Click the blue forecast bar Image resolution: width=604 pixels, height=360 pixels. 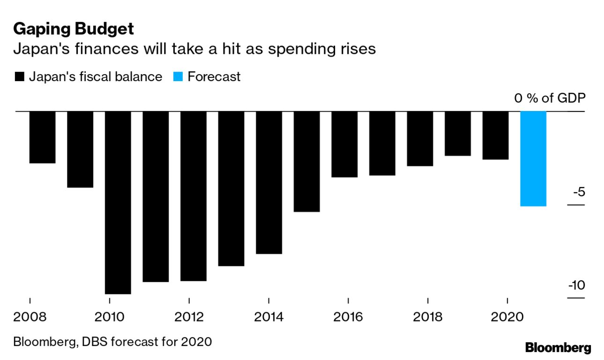click(x=533, y=158)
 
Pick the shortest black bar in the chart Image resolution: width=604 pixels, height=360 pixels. click(x=457, y=134)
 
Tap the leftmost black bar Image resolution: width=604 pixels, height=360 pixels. click(x=43, y=137)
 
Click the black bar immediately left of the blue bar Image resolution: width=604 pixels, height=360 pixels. click(x=495, y=135)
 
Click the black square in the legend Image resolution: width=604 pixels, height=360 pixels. click(x=19, y=77)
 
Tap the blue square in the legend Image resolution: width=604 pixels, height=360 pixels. click(x=178, y=77)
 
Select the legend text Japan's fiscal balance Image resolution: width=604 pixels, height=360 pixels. click(x=95, y=77)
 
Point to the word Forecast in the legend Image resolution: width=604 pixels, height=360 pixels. click(x=214, y=77)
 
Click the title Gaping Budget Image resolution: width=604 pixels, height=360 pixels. click(x=74, y=29)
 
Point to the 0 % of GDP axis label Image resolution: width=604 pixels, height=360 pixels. click(x=549, y=98)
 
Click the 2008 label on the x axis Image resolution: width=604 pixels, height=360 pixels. click(x=30, y=317)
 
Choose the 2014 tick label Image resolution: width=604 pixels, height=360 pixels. click(x=268, y=317)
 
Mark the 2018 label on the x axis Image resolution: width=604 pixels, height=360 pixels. click(x=427, y=317)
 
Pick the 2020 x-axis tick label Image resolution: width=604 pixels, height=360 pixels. click(x=507, y=317)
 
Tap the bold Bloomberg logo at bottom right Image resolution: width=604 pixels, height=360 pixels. click(x=558, y=348)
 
